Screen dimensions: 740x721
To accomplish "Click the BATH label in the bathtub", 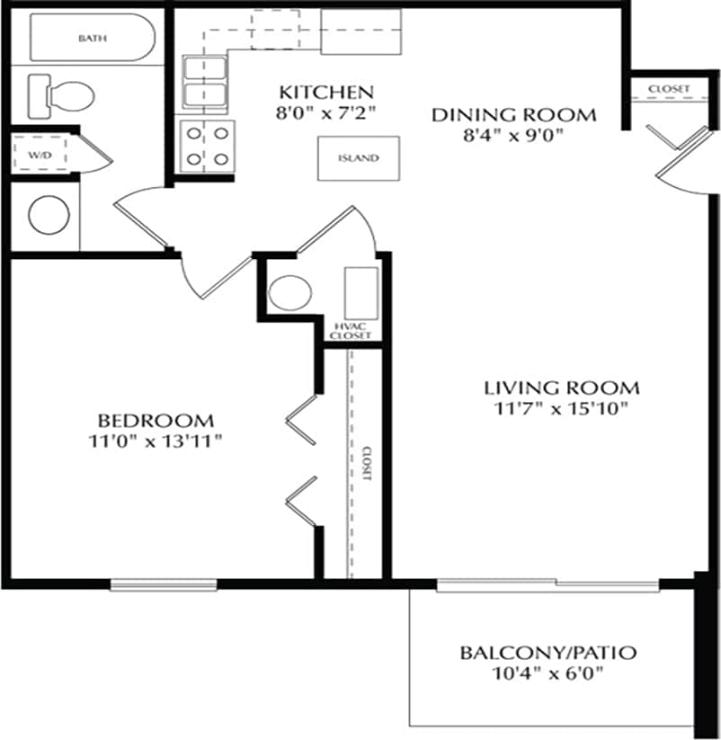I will (x=91, y=38).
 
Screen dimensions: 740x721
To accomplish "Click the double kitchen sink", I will (x=205, y=83).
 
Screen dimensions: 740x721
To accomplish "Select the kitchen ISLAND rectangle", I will (x=358, y=158).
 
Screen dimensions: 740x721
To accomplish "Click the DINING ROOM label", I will (x=513, y=115).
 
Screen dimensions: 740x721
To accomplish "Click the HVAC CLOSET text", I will (x=349, y=330).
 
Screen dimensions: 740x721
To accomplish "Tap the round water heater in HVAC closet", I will (x=290, y=292).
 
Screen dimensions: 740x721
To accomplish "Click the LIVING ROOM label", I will (x=561, y=388).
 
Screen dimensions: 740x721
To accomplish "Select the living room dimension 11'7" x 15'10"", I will (x=561, y=409).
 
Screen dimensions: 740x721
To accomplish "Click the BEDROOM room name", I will (x=156, y=420).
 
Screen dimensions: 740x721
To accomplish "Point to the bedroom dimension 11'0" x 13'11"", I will (x=156, y=441).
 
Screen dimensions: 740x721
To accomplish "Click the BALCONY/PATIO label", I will (x=547, y=653).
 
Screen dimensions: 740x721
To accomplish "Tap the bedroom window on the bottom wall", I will (x=164, y=584).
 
